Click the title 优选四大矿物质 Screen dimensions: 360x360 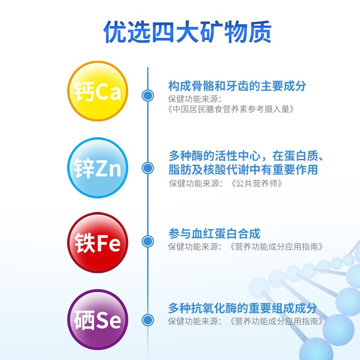pos(187,32)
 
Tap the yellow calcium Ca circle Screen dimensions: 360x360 pos(98,91)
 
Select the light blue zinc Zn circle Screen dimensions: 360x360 pos(98,167)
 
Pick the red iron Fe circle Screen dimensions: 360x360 pos(98,243)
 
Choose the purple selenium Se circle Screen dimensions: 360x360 pos(98,319)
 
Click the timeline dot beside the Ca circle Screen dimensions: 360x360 pos(148,95)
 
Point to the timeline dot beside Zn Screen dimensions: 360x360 pos(148,168)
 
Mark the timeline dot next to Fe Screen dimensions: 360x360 pos(148,241)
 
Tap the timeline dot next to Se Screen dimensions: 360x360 pos(148,320)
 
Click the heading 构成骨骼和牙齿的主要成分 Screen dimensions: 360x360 pos(237,86)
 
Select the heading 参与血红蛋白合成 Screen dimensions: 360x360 pos(214,234)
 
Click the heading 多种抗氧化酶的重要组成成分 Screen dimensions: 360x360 pos(243,308)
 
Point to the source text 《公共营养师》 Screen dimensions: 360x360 pos(256,184)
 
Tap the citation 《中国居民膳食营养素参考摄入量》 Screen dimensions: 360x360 pos(231,109)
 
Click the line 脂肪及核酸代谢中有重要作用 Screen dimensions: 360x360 pos(243,170)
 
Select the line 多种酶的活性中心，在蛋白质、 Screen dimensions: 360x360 pos(246,156)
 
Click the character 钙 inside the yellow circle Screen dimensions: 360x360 pos(84,91)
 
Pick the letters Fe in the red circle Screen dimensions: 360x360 pos(108,243)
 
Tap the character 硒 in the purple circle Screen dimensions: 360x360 pos(84,320)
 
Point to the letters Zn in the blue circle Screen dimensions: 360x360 pos(108,168)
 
